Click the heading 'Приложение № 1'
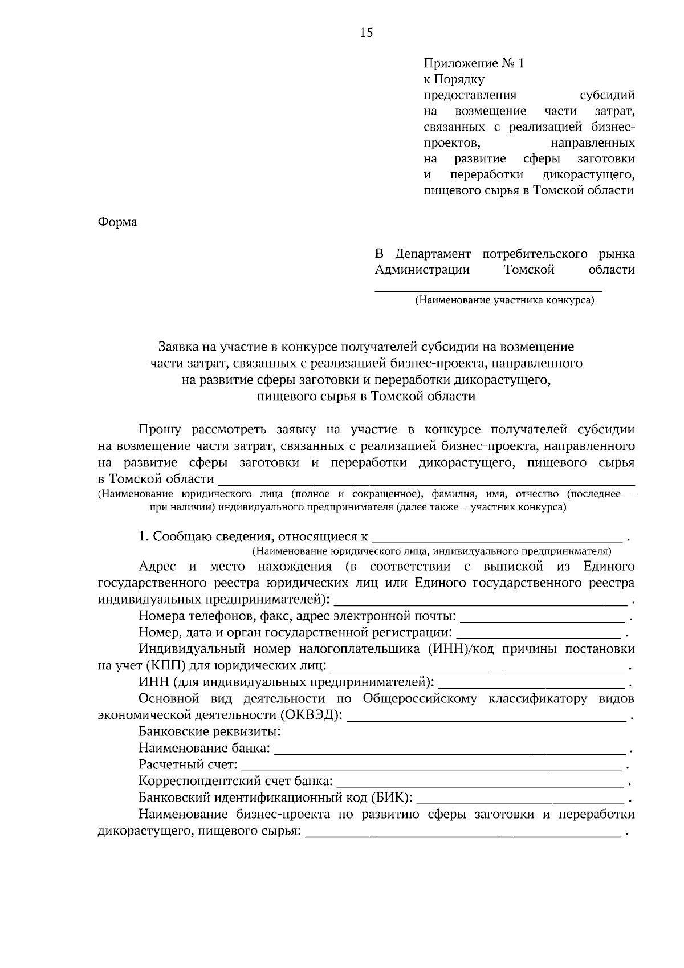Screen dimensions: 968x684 pos(473,63)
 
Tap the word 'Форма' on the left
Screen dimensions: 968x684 pos(117,222)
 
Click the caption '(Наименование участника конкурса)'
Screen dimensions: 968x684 pos(504,300)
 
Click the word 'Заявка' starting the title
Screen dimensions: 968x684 pos(177,347)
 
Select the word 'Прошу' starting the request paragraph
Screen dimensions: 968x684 pos(160,430)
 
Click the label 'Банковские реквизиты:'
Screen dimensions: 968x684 pos(209,731)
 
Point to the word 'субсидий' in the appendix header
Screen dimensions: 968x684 pos(606,95)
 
